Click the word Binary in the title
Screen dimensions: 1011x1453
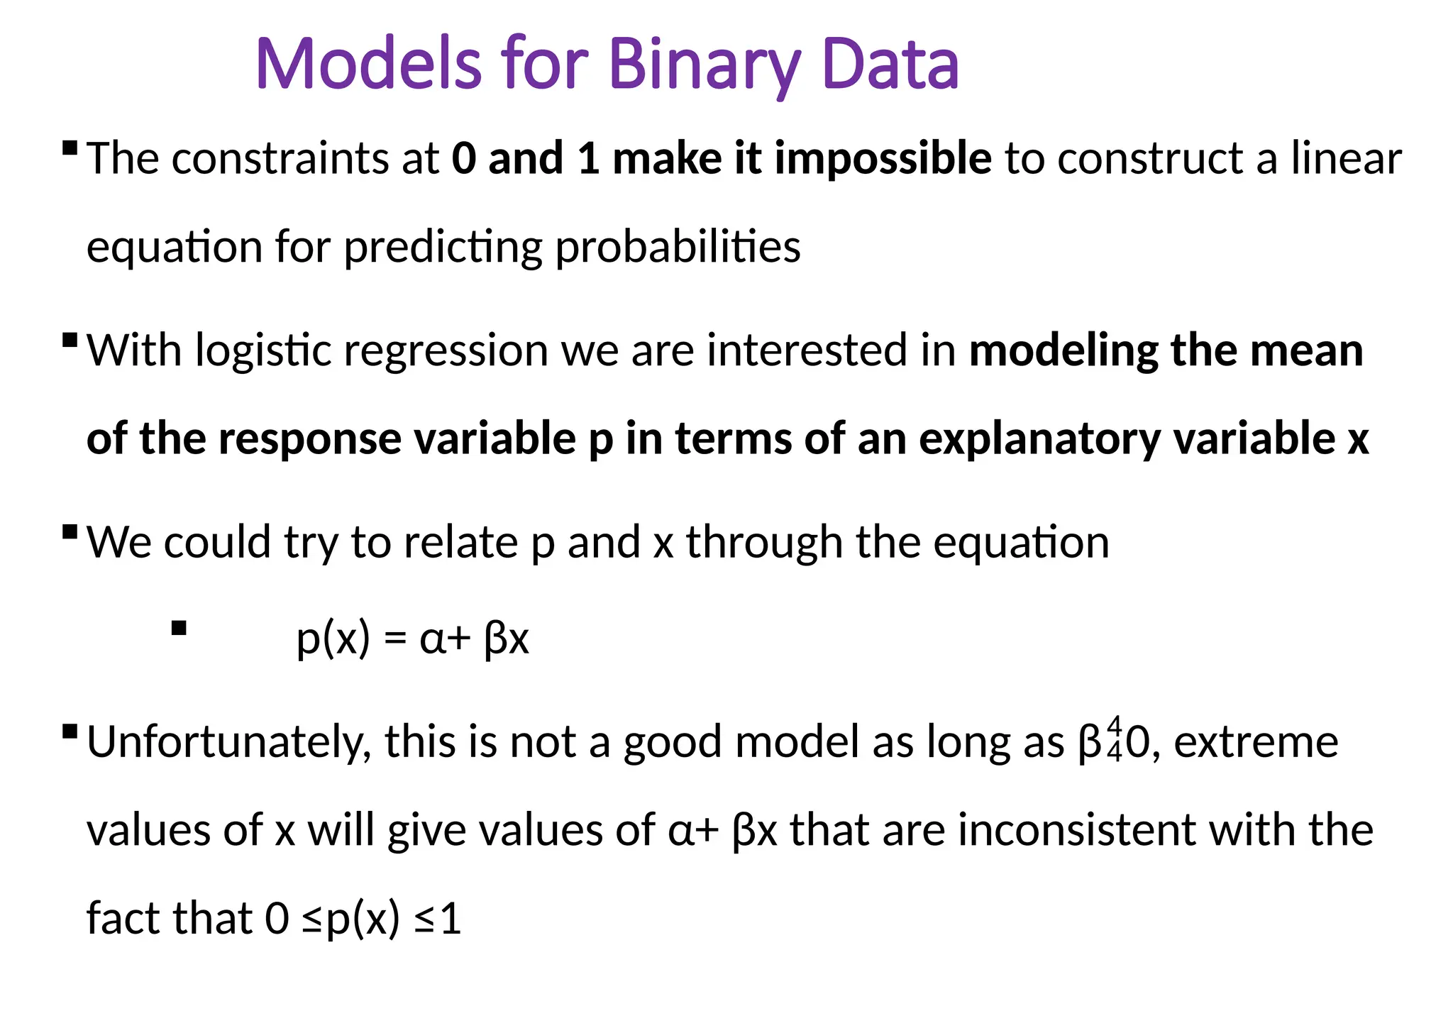705,65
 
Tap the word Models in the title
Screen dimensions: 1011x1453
369,65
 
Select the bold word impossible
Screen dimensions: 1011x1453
883,158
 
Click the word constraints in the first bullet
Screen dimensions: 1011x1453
280,158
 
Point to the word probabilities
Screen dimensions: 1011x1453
678,248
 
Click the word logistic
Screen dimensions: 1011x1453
263,350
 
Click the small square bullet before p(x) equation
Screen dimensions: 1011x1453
179,628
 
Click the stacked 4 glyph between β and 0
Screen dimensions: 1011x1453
1115,739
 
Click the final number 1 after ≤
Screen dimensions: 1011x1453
451,919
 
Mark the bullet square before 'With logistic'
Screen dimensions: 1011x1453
70,340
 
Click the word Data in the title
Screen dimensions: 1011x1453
890,65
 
